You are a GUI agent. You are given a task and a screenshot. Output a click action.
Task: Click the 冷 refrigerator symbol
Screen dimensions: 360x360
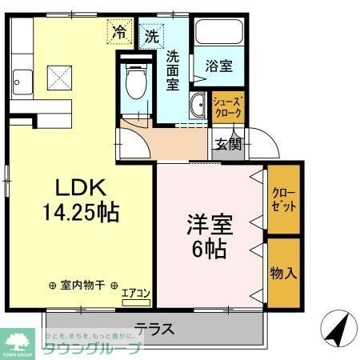coord(119,33)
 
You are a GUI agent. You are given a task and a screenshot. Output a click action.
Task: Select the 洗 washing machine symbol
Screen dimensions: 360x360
coord(152,36)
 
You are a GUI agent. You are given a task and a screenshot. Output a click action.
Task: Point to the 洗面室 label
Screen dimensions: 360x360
coord(173,71)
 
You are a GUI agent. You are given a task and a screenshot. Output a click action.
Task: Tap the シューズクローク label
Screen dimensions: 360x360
coord(228,106)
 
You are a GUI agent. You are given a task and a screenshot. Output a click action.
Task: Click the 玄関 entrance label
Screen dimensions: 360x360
coord(228,144)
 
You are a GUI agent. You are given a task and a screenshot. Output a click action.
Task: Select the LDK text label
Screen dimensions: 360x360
coord(80,188)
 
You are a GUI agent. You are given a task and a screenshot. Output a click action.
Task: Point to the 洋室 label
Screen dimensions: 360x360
coord(209,222)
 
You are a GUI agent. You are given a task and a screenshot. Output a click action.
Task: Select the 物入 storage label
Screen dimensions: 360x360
coord(284,272)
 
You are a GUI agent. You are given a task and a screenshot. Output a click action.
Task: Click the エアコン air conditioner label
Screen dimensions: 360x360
coord(136,294)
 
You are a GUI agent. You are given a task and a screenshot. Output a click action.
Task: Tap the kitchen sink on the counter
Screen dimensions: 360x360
coord(22,81)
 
